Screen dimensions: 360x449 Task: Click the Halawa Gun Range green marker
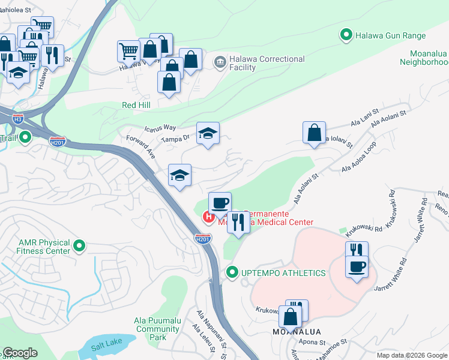(346, 36)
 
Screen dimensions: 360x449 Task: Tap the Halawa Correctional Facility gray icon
(220, 61)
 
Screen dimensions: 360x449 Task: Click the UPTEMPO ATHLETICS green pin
(232, 273)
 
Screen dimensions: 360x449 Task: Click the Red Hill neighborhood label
(137, 104)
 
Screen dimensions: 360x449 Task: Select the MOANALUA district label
(297, 332)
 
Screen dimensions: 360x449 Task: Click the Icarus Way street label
(160, 128)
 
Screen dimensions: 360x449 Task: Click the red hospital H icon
(208, 217)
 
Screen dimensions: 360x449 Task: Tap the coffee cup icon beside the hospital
(219, 203)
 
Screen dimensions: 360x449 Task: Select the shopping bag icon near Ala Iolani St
(314, 133)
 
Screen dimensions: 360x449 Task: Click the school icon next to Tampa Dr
(208, 133)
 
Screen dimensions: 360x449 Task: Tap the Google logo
(20, 353)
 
